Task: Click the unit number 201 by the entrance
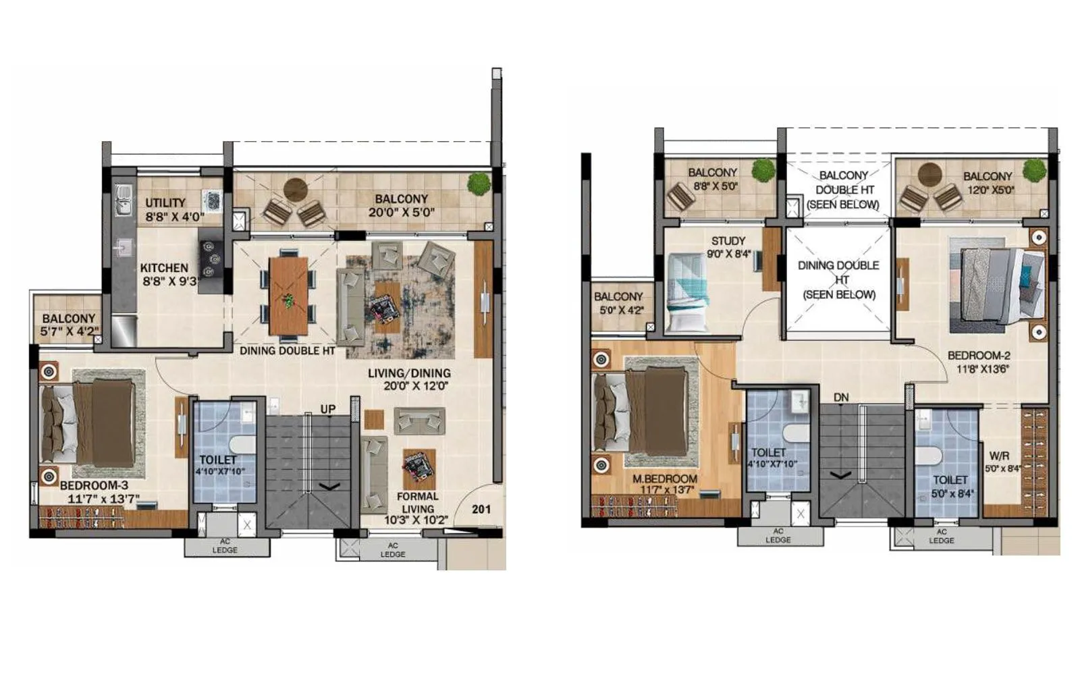481,509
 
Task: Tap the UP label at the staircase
328,409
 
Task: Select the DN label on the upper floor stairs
840,398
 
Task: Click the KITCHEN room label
164,268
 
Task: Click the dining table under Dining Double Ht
288,296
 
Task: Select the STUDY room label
728,241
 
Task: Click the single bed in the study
688,292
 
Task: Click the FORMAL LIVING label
417,502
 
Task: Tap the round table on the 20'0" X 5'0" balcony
295,189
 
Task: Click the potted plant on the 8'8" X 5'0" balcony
763,170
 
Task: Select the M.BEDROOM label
664,479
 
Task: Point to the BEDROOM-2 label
978,356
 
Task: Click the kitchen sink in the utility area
123,201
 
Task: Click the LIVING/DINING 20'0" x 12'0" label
409,379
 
